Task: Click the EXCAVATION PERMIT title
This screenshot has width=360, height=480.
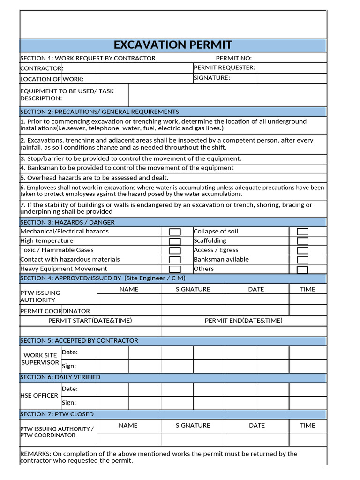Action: (173, 45)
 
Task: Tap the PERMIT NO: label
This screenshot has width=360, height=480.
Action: (233, 58)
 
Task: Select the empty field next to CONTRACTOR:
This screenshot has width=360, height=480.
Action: (144, 68)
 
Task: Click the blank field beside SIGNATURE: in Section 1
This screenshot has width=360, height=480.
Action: (291, 78)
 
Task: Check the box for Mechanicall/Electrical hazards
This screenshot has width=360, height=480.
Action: (175, 232)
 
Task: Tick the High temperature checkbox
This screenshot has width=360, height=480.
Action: (175, 241)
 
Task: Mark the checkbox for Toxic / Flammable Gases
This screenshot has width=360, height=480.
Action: (175, 250)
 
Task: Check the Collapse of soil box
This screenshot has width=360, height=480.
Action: (303, 232)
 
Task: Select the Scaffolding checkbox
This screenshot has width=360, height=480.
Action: (303, 241)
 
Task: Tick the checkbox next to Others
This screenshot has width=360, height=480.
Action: (303, 270)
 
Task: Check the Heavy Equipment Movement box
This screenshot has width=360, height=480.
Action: (175, 269)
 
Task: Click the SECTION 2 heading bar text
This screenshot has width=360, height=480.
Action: (99, 112)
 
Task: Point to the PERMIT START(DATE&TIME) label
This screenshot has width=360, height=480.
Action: (90, 320)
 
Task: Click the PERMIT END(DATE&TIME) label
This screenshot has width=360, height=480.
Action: (243, 320)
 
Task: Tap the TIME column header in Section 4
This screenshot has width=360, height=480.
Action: (307, 289)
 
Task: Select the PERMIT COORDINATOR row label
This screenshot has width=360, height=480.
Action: (55, 311)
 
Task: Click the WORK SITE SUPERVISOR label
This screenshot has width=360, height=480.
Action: (40, 359)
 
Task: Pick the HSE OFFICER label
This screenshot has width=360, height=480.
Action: (39, 395)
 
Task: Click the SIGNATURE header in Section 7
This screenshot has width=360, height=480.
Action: (193, 425)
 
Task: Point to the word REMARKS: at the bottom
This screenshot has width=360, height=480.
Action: (36, 453)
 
